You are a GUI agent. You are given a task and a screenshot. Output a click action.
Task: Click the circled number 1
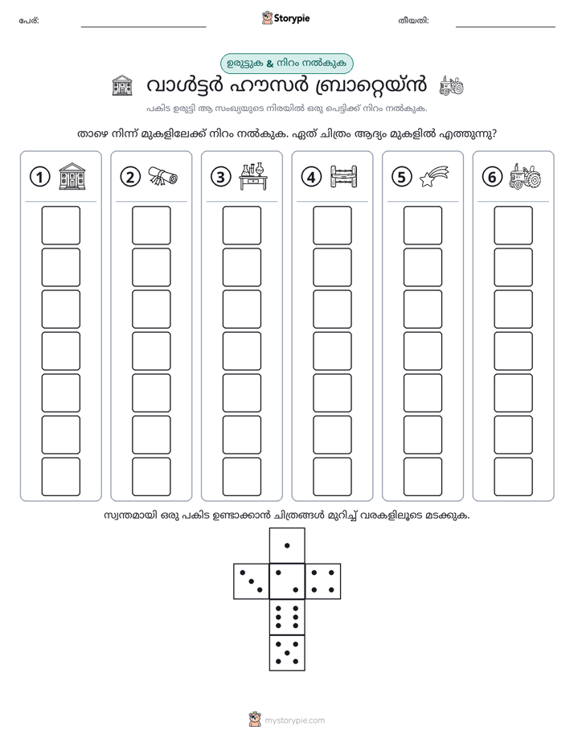point(39,177)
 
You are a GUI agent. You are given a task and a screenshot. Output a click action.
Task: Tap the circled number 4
point(311,177)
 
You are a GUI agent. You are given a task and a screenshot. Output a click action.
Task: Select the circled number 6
point(492,177)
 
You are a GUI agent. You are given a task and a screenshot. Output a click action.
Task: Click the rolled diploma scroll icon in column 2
point(163,177)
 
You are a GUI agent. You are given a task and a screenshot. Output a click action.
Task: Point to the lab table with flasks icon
point(253,177)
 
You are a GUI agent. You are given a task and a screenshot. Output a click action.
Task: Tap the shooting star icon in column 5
point(434,176)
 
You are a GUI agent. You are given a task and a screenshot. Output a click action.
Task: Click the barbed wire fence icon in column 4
point(344,177)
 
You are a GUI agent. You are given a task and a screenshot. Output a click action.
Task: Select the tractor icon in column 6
point(525,177)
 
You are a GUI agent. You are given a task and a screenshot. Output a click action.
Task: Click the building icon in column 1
point(72,176)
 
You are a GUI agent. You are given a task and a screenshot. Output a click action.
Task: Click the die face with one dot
point(287,545)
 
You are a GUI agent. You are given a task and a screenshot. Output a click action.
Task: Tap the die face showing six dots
point(287,617)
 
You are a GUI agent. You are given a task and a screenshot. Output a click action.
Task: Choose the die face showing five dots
point(287,652)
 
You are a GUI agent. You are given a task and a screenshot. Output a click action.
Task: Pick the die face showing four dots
point(323,581)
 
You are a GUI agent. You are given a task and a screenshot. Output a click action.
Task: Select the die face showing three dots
point(252,581)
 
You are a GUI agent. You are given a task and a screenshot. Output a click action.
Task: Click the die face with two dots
point(287,581)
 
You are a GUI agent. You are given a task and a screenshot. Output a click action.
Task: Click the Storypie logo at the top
point(285,18)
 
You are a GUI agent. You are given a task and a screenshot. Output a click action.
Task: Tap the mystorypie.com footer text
point(294,720)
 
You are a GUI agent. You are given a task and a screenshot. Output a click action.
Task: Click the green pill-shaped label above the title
point(287,64)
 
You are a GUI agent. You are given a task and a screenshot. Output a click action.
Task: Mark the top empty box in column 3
point(241,225)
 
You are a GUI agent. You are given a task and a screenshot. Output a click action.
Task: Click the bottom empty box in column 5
point(423,477)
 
